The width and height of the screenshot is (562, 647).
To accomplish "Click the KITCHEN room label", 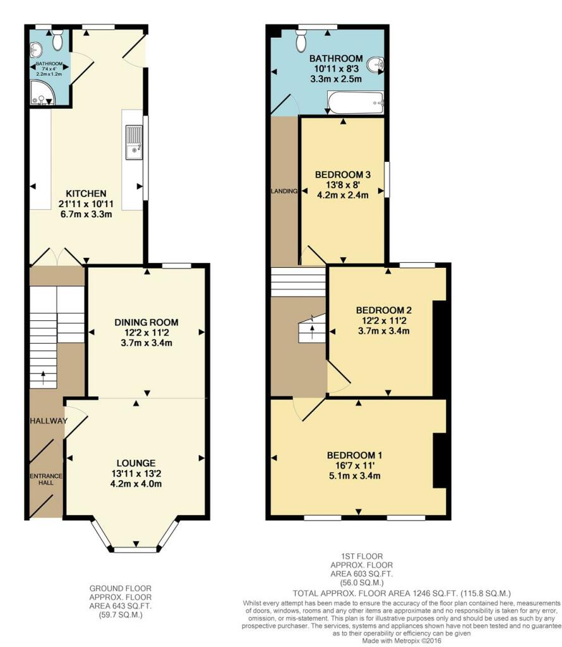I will tap(88, 193).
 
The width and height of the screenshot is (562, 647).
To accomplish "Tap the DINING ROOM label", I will tap(146, 322).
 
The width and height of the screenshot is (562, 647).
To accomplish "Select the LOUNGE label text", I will tap(136, 463).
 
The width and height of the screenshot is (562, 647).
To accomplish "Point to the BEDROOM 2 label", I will tap(384, 310).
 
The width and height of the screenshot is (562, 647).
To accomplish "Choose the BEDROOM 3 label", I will tap(342, 174).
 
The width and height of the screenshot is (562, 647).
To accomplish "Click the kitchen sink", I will tap(134, 143).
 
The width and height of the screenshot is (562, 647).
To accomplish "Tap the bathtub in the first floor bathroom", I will tap(356, 102).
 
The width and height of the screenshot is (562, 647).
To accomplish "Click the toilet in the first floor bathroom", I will tap(302, 42).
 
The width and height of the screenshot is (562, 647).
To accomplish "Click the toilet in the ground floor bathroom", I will tap(58, 40).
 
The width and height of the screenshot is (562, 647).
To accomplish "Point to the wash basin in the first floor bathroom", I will tap(376, 63).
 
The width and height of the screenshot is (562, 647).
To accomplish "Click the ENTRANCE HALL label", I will tap(44, 479).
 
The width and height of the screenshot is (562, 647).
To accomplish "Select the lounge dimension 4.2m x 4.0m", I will tap(136, 485).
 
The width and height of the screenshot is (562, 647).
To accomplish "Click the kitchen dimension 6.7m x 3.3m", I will tap(88, 215).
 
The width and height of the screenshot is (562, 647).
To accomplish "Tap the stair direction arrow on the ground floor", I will tap(43, 377).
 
